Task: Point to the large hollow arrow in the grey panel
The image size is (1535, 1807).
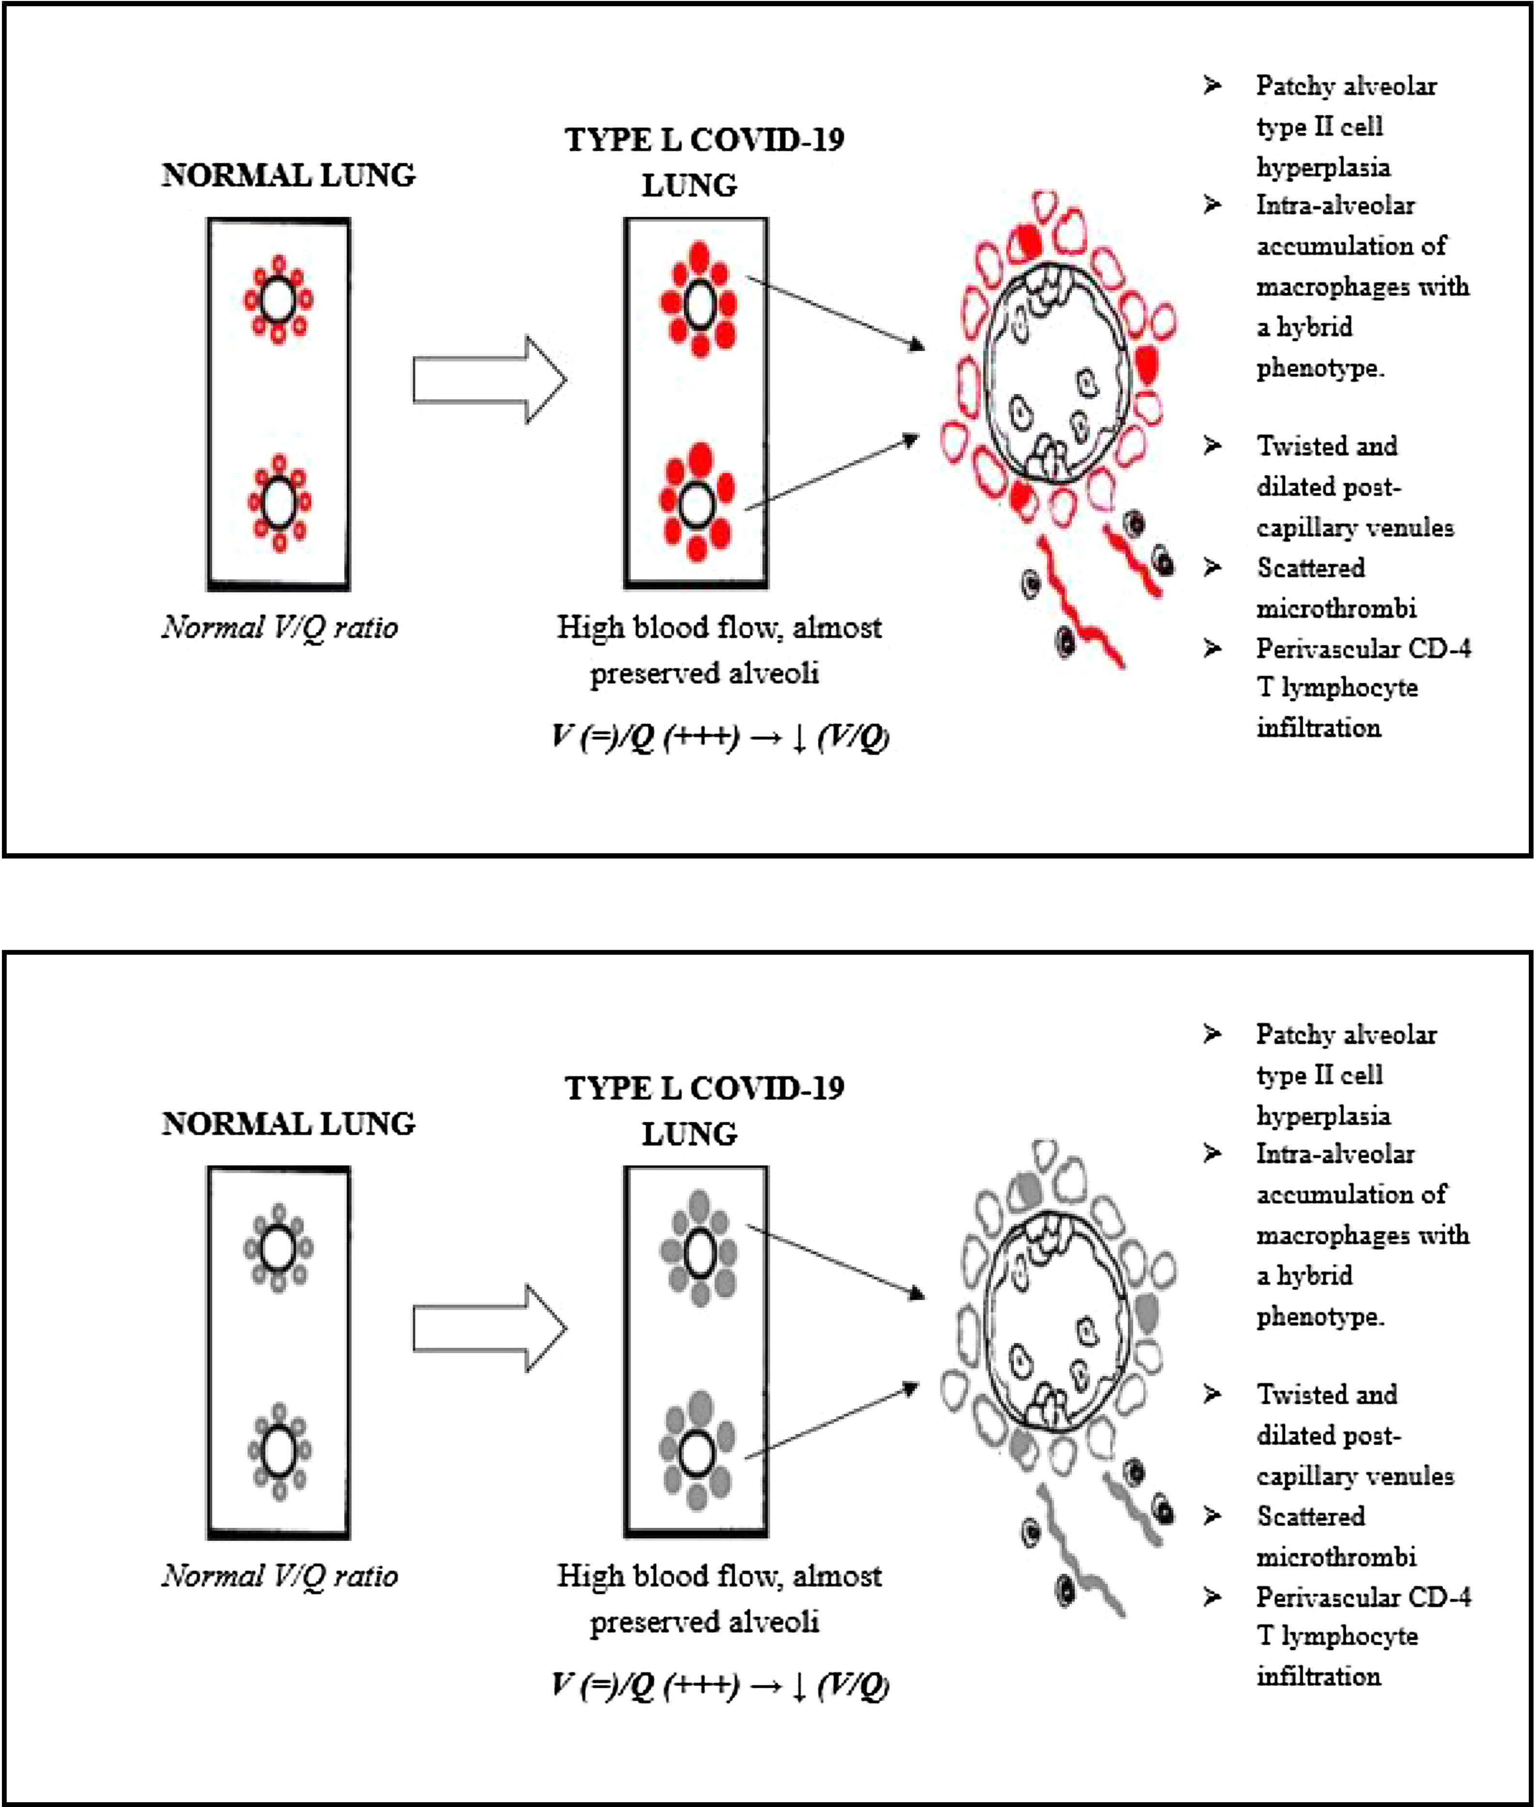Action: pos(490,1329)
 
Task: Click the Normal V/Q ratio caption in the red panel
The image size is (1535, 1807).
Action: pos(279,627)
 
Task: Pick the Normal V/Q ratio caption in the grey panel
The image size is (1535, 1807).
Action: pos(279,1575)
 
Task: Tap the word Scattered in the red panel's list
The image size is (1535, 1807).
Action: pos(1311,568)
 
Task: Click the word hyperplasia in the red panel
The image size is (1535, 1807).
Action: pos(1323,167)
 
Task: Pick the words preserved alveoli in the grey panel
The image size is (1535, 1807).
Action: pos(705,1622)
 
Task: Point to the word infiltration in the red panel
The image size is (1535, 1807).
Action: pos(1318,728)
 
